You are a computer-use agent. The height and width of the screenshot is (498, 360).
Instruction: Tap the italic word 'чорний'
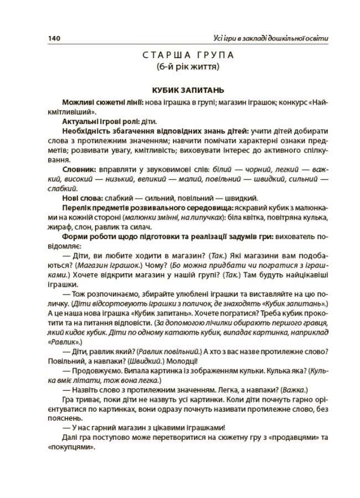[251, 169]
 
